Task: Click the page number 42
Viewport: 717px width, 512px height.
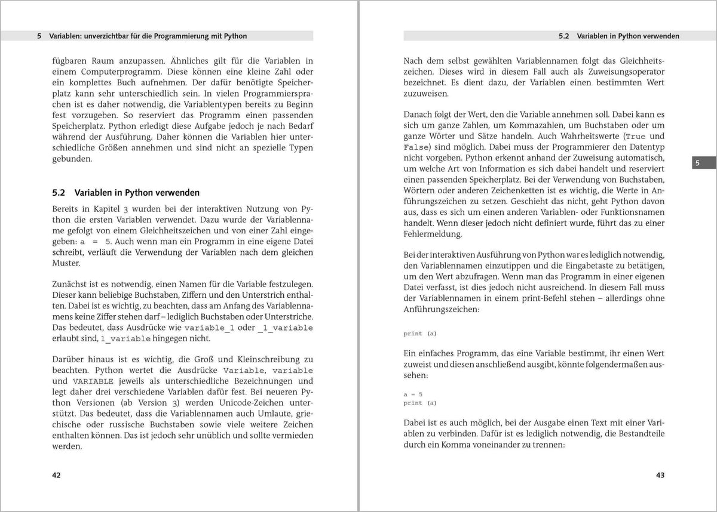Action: coord(57,475)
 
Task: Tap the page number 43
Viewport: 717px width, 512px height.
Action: coord(660,475)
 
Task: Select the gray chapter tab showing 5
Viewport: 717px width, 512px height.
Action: coord(697,163)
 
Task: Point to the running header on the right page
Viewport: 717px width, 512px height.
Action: coord(618,36)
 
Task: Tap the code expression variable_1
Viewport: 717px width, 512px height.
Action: coord(209,328)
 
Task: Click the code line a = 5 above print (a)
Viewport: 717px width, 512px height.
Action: coord(413,394)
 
